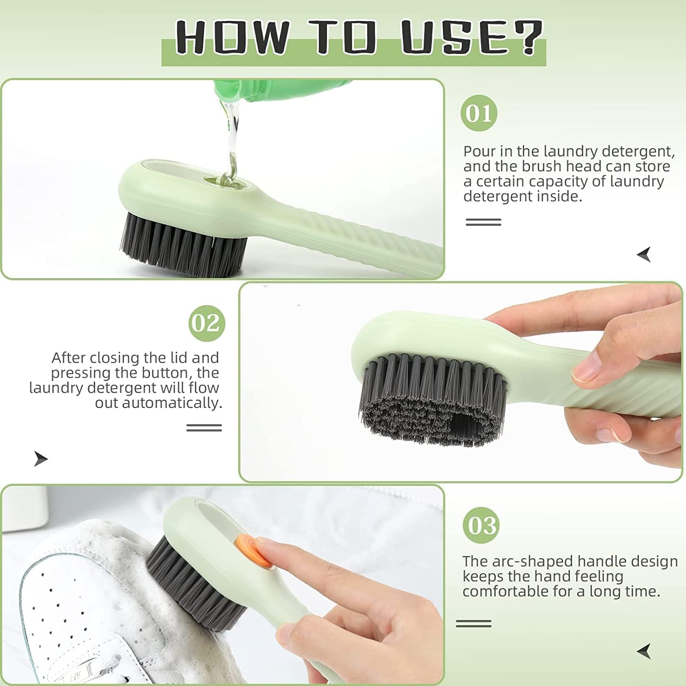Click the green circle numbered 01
tap(479, 113)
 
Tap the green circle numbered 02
tap(207, 323)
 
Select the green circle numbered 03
tap(481, 525)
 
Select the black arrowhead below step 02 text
tap(41, 458)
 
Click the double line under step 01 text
tap(483, 222)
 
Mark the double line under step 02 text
tap(204, 428)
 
